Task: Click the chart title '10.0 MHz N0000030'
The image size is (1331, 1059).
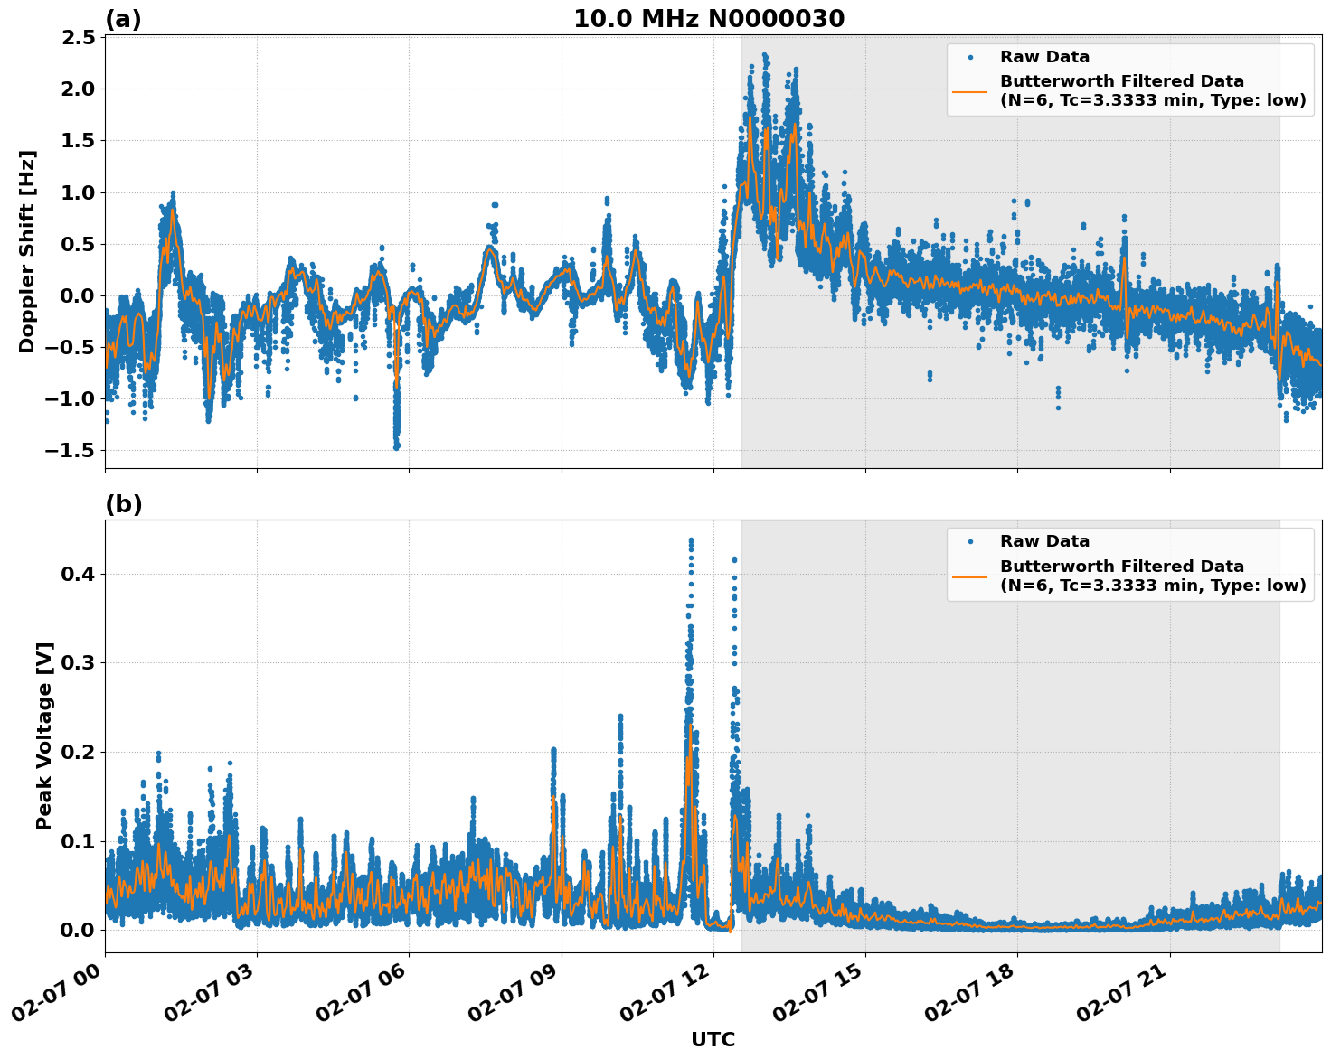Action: [709, 19]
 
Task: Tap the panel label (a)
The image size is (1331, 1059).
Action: [123, 19]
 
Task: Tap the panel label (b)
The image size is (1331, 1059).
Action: [123, 504]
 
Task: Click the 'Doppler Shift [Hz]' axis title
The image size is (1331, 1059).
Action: [27, 251]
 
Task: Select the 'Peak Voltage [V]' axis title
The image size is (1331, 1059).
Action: [44, 736]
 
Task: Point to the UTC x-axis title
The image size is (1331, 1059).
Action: [713, 1039]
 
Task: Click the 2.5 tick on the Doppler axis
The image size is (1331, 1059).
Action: [79, 37]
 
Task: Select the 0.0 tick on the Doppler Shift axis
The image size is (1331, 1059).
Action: [79, 295]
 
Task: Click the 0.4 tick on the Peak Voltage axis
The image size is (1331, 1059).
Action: [79, 574]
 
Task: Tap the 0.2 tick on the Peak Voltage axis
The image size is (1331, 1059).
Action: [79, 752]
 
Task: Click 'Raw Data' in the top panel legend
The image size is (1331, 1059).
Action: [1044, 57]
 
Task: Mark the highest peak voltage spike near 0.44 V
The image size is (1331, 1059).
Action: [691, 540]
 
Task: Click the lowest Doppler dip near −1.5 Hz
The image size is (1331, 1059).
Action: [396, 445]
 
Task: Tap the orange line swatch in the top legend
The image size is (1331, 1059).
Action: [969, 90]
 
